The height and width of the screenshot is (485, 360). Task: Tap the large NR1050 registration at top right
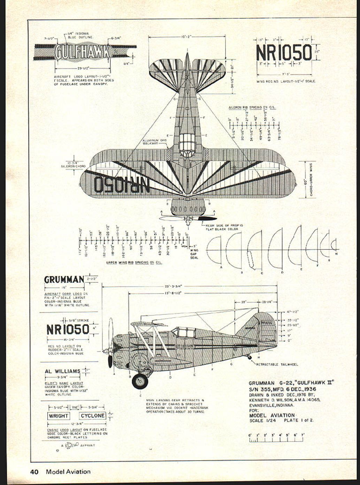click(x=283, y=53)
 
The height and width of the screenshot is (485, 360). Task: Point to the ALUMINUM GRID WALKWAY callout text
click(x=155, y=142)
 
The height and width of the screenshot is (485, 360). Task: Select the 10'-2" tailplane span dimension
click(x=187, y=36)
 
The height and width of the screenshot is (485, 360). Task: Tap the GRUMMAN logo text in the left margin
click(x=64, y=280)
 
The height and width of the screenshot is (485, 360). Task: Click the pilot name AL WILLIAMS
click(x=62, y=371)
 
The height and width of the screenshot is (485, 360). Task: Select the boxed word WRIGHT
click(x=59, y=416)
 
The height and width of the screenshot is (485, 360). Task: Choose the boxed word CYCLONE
click(x=92, y=416)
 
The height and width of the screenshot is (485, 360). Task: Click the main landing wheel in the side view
click(x=140, y=381)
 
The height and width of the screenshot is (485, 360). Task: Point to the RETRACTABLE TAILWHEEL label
click(x=277, y=365)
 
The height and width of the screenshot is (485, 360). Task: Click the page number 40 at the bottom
click(x=34, y=472)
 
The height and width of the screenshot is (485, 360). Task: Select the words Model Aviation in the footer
click(x=68, y=472)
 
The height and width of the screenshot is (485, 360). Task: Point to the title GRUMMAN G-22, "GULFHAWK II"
click(x=291, y=383)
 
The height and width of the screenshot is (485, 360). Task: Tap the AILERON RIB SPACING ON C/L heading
click(x=252, y=107)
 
